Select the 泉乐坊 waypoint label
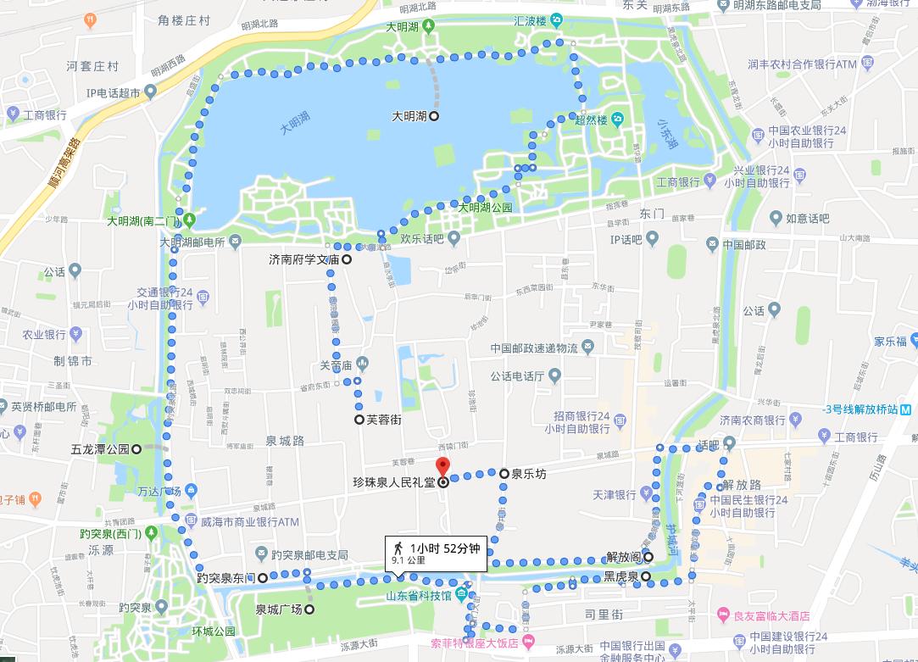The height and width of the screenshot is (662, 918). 528,474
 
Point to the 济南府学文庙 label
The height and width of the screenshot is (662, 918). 303,259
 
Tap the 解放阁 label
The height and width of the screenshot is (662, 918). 623,557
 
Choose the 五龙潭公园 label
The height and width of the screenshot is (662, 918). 100,448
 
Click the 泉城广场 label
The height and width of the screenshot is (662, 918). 278,609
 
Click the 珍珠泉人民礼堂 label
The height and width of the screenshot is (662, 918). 393,482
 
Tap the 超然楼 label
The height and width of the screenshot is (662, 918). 591,120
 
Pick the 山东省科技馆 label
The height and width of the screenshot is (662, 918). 419,595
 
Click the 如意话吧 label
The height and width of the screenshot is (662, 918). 807,219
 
